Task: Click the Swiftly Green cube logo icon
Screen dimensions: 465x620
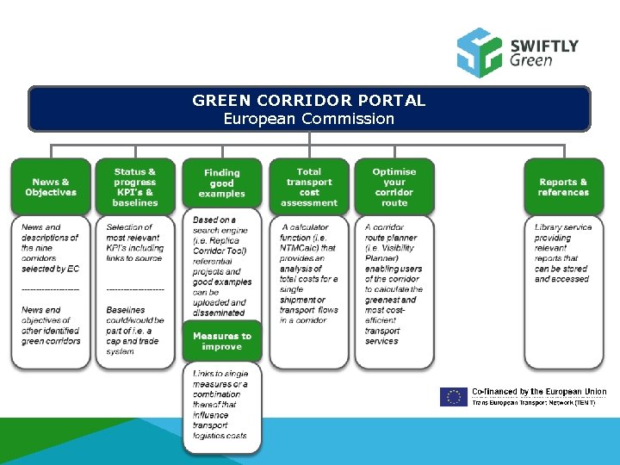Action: (479, 52)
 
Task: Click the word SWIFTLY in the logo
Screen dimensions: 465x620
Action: (543, 45)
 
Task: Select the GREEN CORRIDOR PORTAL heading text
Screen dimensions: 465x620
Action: (309, 101)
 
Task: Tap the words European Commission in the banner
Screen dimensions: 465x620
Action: (309, 119)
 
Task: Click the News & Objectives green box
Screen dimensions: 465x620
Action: (51, 187)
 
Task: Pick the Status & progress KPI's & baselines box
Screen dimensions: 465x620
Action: (135, 187)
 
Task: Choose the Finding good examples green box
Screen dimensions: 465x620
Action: (221, 183)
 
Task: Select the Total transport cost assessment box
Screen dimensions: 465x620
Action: (309, 187)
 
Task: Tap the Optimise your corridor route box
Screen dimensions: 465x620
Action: (394, 187)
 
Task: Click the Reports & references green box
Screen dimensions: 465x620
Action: (563, 187)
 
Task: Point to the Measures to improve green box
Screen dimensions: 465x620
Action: (221, 341)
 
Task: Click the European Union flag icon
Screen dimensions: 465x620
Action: (453, 396)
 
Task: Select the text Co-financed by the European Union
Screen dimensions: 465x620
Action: (539, 392)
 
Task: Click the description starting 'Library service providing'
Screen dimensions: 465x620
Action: (563, 252)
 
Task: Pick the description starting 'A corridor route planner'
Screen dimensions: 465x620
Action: (394, 284)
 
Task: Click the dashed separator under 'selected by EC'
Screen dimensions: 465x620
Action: (50, 289)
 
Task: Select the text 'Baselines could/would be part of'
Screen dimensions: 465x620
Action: (132, 331)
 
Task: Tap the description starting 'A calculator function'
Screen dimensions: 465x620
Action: (309, 274)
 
